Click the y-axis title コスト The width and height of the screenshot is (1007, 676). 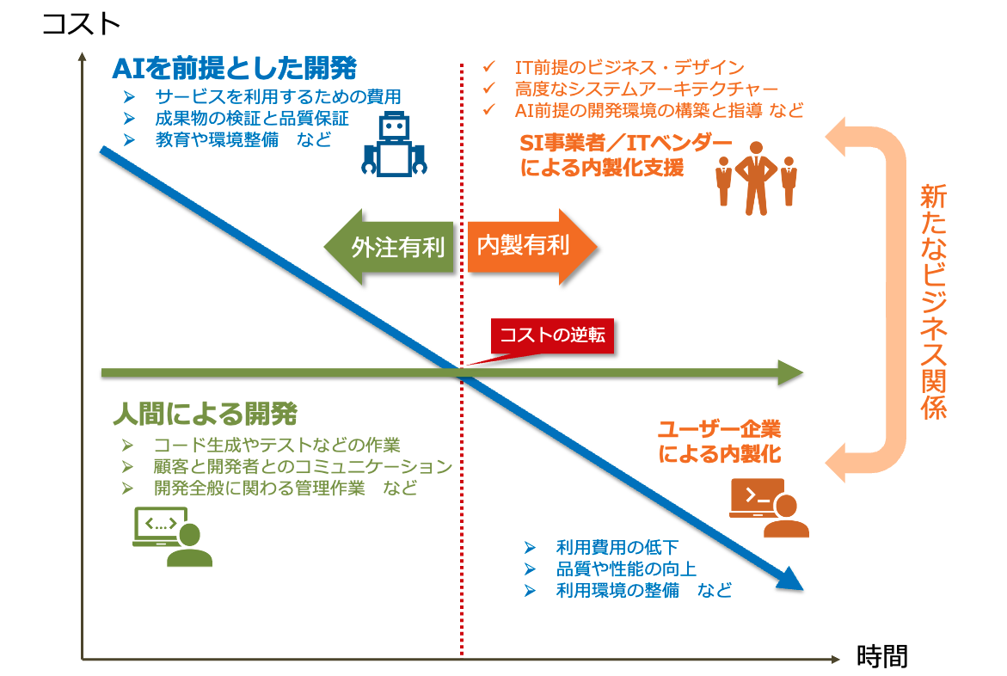(x=81, y=23)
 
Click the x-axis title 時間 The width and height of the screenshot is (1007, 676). (x=882, y=657)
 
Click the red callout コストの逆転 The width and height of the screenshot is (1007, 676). (x=553, y=335)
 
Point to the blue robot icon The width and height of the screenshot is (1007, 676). (x=394, y=147)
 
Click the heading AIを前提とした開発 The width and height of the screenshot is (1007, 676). (x=234, y=67)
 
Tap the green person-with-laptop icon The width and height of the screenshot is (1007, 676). (x=171, y=537)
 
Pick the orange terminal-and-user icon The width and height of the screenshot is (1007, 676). (x=768, y=507)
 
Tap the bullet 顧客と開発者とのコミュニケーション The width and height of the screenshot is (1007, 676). (x=303, y=466)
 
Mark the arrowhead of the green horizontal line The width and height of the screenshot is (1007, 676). (x=789, y=373)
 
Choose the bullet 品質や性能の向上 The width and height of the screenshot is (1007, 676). (x=626, y=568)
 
